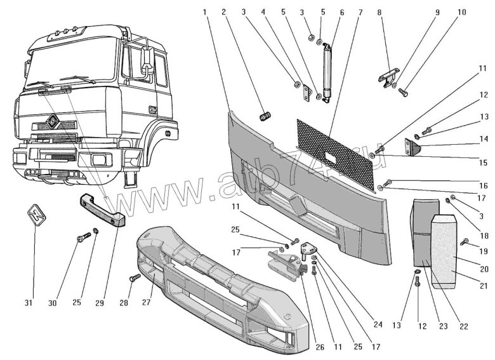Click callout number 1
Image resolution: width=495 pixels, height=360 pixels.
point(206,11)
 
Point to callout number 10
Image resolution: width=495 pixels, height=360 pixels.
point(462,11)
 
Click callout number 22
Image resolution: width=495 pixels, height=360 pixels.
point(463,326)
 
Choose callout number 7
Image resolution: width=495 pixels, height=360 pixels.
point(360,11)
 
